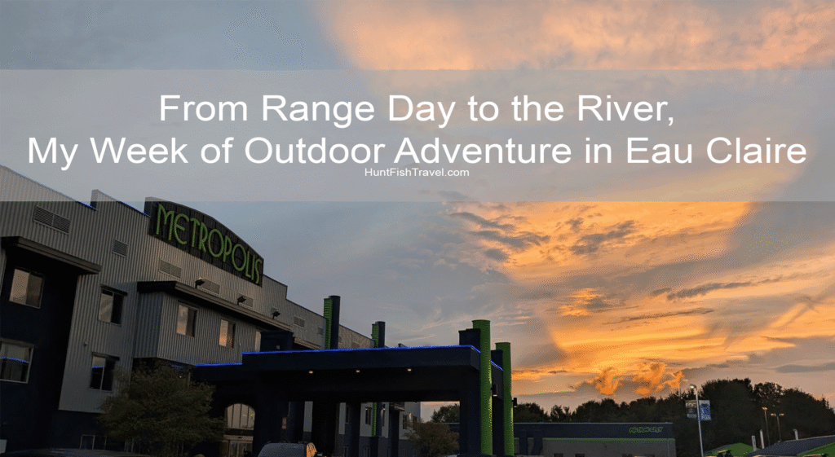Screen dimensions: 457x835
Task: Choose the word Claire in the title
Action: point(754,151)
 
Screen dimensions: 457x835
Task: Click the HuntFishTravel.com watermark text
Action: point(417,173)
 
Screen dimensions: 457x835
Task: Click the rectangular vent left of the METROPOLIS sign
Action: point(51,218)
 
